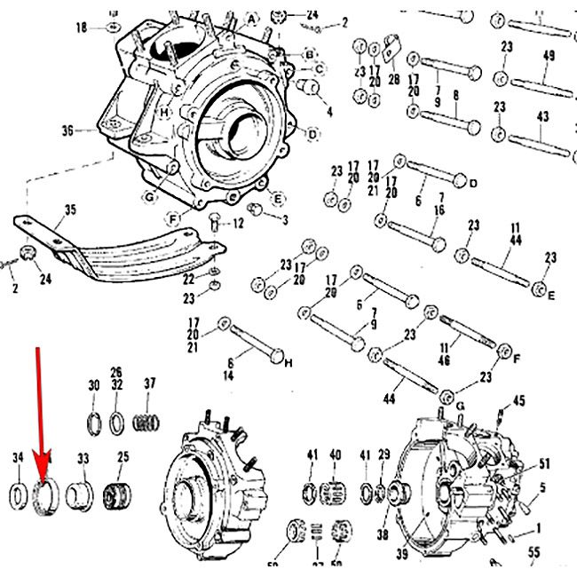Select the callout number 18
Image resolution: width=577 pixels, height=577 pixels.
[x=83, y=28]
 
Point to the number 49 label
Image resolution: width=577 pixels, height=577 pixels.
[x=548, y=55]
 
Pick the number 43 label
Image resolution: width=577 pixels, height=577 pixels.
[x=543, y=116]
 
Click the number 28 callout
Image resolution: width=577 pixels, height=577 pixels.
[x=393, y=80]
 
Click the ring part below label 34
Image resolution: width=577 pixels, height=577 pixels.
[x=18, y=494]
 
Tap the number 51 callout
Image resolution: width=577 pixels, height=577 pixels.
[x=544, y=462]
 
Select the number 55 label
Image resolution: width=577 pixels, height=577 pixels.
[x=534, y=552]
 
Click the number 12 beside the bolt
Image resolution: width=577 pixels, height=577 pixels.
[x=237, y=223]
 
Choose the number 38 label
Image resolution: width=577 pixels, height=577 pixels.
[x=383, y=535]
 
